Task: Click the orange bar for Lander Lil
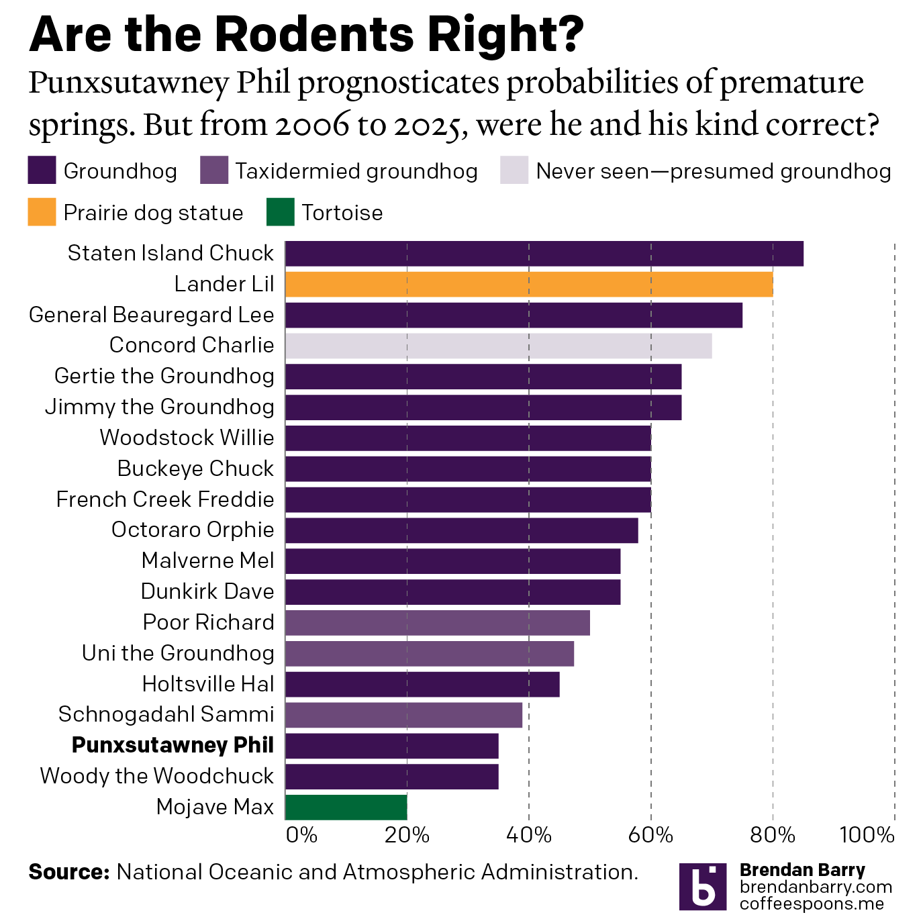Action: [x=529, y=284]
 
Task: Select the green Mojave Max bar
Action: [x=346, y=807]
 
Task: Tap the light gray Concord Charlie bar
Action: [x=498, y=346]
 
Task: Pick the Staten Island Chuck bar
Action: [x=544, y=254]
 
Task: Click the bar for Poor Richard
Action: [x=437, y=622]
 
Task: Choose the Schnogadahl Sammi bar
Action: [x=403, y=715]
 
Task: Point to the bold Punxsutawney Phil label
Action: [x=173, y=745]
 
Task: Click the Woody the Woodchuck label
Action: [x=156, y=776]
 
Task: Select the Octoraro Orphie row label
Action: [x=193, y=530]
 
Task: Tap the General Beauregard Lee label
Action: [x=151, y=315]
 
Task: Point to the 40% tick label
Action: [x=529, y=835]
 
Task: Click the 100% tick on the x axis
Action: [x=867, y=835]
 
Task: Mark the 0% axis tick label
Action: [x=301, y=835]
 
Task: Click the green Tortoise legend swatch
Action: [x=280, y=212]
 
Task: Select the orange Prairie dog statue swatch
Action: [x=42, y=212]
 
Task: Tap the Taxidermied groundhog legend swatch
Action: [x=214, y=171]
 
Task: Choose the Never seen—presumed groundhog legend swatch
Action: [x=514, y=171]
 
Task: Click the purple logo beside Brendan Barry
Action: [x=702, y=887]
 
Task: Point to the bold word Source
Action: [x=68, y=872]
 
